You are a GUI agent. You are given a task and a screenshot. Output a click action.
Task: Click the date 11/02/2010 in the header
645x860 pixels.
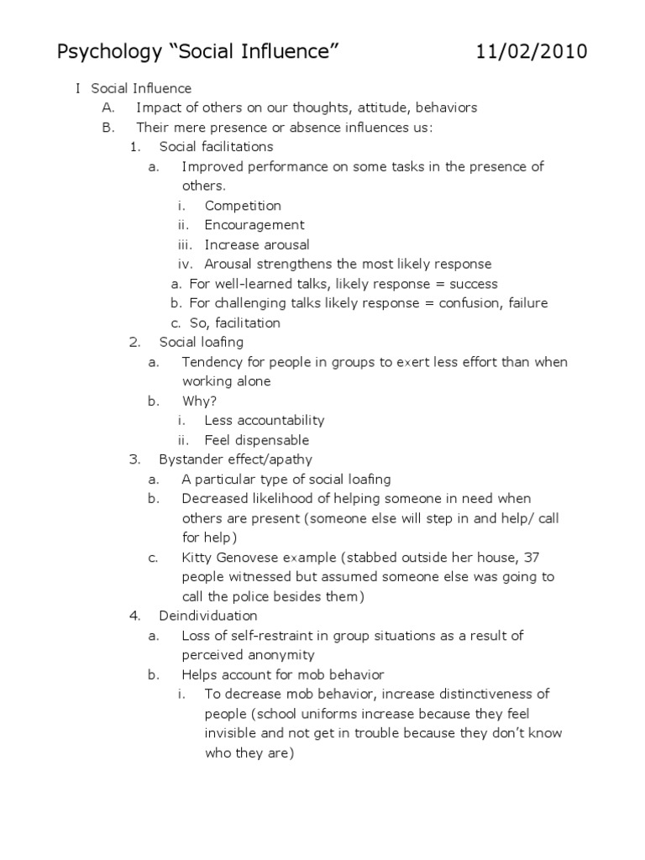pyautogui.click(x=532, y=52)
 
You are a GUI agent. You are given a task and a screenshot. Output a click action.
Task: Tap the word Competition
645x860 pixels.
pyautogui.click(x=243, y=206)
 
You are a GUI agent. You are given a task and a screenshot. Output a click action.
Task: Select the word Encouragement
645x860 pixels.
pyautogui.click(x=254, y=225)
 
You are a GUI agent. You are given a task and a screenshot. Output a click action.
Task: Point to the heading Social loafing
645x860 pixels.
pyautogui.click(x=202, y=342)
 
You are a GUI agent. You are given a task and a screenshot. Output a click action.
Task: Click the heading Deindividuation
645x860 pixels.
pyautogui.click(x=208, y=616)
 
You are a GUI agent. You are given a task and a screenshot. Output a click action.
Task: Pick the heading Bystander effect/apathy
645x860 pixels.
pyautogui.click(x=235, y=459)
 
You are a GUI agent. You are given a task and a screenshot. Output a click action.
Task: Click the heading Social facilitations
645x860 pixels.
pyautogui.click(x=216, y=147)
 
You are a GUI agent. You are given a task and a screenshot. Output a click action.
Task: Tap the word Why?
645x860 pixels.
pyautogui.click(x=200, y=401)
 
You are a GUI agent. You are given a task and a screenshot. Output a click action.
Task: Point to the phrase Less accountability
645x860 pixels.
pyautogui.click(x=265, y=420)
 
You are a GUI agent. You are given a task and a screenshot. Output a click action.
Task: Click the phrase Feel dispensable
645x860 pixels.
pyautogui.click(x=257, y=440)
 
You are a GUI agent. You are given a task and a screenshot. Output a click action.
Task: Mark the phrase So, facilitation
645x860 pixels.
pyautogui.click(x=235, y=323)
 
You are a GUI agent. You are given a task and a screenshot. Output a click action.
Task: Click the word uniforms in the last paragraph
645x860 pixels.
pyautogui.click(x=343, y=714)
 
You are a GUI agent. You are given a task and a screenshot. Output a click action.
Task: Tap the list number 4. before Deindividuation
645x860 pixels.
pyautogui.click(x=134, y=616)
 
